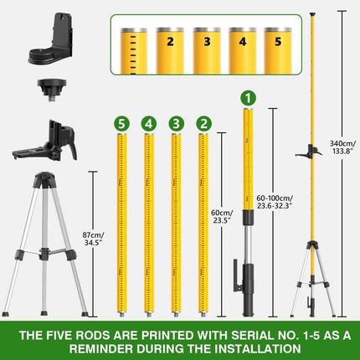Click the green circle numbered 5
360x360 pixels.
[122, 123]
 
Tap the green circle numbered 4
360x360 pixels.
[148, 123]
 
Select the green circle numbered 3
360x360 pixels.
[175, 123]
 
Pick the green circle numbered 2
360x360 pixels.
[203, 123]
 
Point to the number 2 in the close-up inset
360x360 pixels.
[170, 39]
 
